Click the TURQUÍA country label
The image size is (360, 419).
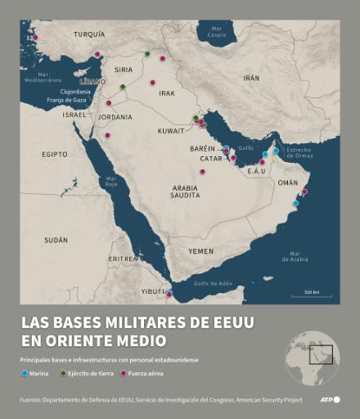pos(89,35)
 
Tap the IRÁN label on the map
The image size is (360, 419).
pos(251,78)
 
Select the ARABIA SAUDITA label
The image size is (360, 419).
pos(185,192)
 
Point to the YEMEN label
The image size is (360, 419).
pos(200,250)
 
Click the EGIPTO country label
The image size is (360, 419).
pos(55,154)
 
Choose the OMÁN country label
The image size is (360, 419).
pos(288,183)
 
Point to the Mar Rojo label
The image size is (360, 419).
pos(111,182)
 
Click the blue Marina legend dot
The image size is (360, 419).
pos(25,372)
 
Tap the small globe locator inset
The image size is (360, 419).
pos(312,354)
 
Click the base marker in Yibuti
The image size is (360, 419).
pos(169,293)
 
